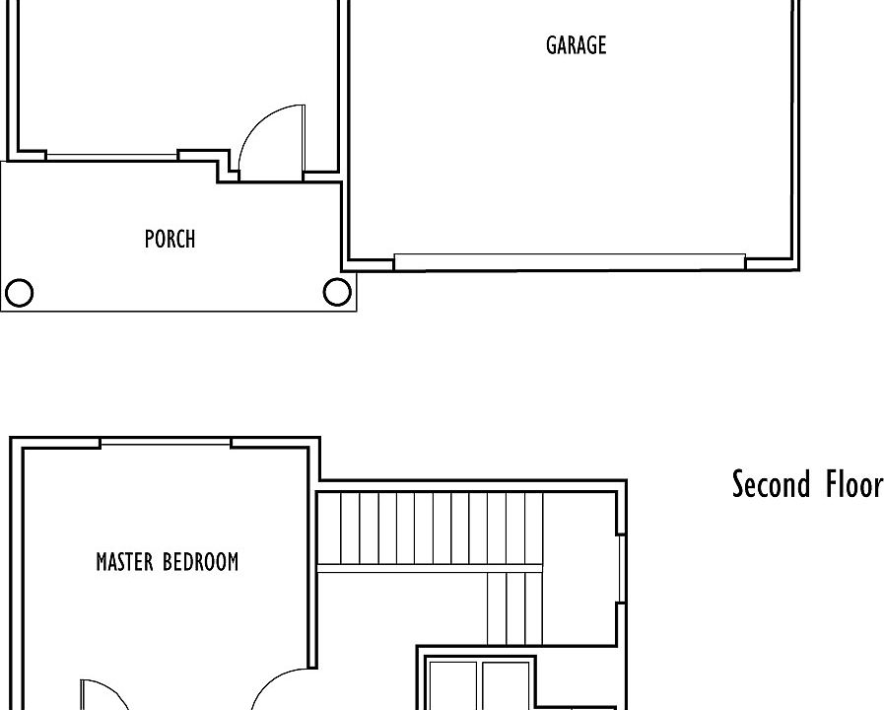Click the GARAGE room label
tap(576, 45)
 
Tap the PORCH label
tap(170, 239)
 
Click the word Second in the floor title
tap(771, 484)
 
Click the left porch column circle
tap(19, 293)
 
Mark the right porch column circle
tap(336, 292)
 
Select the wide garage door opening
tap(570, 261)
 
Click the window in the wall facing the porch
tap(111, 156)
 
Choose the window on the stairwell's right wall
tap(620, 568)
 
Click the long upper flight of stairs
tap(430, 528)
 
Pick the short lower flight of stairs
tap(514, 607)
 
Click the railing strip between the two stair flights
tap(430, 567)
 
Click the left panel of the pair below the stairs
tap(454, 685)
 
